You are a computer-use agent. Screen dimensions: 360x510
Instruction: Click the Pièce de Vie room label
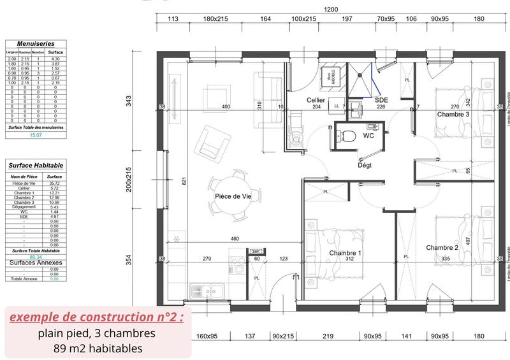233,196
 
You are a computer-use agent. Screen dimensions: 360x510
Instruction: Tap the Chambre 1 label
346,253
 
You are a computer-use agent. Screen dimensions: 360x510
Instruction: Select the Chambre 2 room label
442,247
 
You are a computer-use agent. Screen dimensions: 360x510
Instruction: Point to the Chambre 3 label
453,114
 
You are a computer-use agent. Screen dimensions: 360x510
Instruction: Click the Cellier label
316,100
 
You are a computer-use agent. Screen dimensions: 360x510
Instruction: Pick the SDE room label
381,100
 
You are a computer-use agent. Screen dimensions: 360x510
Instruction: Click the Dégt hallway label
365,165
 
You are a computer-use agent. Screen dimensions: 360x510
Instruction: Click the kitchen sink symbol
206,292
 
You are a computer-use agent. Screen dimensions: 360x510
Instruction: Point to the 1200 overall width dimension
331,10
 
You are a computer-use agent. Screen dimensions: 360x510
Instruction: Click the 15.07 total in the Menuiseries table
36,135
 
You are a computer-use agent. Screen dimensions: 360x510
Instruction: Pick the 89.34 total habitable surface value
35,257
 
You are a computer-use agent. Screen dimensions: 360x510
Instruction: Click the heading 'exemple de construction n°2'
95,317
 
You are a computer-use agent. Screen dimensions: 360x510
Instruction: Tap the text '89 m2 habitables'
96,348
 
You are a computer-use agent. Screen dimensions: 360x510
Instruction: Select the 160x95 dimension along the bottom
207,336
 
